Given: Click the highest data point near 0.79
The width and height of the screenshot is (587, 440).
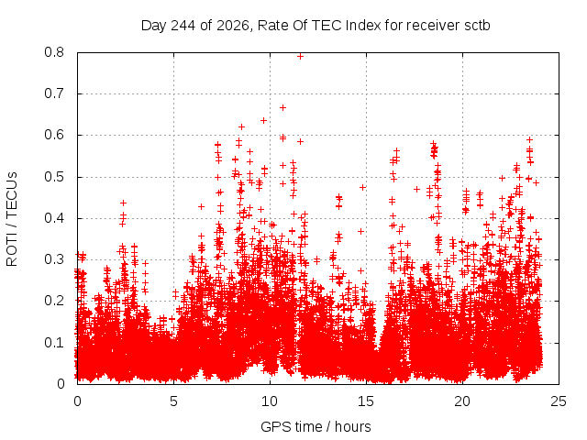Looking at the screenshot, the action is [x=300, y=57].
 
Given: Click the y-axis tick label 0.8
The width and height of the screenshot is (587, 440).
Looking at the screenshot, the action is [x=54, y=52].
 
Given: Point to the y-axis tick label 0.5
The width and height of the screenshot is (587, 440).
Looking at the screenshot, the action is [x=54, y=177].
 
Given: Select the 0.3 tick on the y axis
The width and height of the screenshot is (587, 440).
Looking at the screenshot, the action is [x=54, y=259].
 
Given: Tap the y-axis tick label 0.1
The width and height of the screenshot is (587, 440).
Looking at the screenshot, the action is [x=54, y=342].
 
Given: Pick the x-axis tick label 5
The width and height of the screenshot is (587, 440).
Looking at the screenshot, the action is [x=173, y=401].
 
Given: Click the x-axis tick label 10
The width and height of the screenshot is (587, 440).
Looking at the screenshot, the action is [x=270, y=401].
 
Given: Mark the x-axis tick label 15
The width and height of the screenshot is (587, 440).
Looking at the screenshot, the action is [x=366, y=401].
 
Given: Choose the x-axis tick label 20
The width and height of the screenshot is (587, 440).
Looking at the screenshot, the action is [x=462, y=401].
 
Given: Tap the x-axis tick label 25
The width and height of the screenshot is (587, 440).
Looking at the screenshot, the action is [x=559, y=401].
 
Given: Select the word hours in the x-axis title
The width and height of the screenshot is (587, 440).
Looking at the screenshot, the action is [x=352, y=426].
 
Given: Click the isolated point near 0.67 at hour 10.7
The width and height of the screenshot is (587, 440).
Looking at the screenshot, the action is [x=283, y=108].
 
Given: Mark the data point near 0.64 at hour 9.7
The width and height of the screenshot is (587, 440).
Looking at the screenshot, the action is [x=263, y=120].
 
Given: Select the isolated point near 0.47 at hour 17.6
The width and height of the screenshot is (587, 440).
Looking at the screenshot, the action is [x=416, y=190].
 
